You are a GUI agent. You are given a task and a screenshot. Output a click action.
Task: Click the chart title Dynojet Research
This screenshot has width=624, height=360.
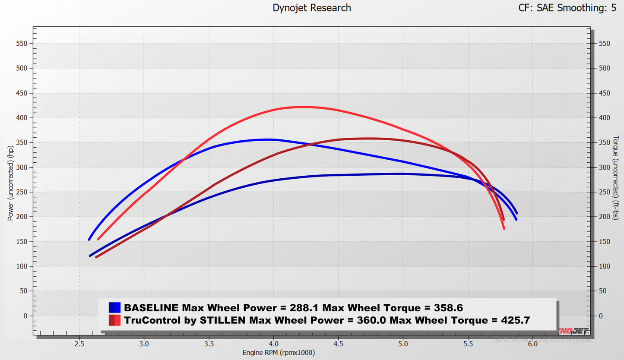(312, 8)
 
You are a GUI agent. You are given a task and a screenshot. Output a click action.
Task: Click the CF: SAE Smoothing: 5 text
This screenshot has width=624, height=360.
(567, 8)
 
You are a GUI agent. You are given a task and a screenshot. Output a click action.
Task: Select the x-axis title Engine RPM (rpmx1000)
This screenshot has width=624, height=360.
(279, 353)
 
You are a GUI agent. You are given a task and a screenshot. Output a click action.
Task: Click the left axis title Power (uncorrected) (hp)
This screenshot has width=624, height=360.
(10, 183)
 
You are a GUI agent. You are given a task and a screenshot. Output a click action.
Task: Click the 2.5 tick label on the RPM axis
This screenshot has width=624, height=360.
(79, 344)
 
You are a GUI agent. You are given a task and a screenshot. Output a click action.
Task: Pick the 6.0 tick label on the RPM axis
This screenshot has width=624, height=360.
(532, 344)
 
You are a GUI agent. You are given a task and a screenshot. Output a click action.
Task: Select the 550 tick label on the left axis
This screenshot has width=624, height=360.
(21, 44)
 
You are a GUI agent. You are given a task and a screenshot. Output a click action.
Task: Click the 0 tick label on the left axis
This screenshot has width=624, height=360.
(25, 316)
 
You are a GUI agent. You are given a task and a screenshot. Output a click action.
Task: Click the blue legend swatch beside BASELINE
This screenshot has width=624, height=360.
(114, 308)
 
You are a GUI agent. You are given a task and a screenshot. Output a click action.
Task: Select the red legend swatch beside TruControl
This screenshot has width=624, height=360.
(114, 320)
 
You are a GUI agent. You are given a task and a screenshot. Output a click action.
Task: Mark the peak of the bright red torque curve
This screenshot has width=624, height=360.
(302, 107)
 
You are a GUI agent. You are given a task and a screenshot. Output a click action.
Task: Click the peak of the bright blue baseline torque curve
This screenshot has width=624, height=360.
(268, 139)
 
